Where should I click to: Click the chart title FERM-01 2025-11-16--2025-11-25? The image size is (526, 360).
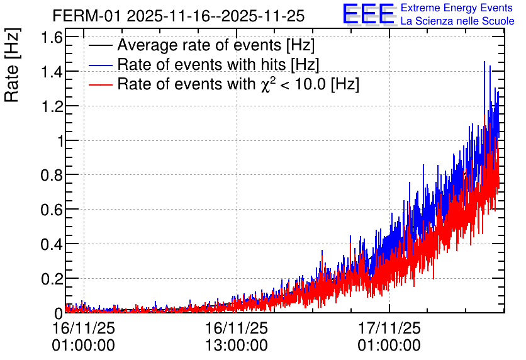click(179, 16)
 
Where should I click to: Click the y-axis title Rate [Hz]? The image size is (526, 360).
click(13, 65)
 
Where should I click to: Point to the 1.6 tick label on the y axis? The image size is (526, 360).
click(52, 37)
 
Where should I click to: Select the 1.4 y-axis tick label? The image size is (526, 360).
click(52, 72)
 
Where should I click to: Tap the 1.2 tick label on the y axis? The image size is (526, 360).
click(52, 106)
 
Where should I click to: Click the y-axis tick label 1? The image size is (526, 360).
click(60, 141)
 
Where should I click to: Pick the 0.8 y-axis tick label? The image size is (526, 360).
click(52, 176)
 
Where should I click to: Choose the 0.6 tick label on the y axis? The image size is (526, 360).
click(52, 210)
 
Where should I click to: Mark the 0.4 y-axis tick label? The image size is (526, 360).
click(52, 245)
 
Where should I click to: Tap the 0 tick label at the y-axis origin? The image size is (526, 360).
click(59, 313)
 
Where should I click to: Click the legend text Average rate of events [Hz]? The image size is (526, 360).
click(216, 45)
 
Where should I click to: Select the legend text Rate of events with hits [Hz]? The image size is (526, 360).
click(218, 64)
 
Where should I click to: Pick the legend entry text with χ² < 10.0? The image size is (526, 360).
click(238, 84)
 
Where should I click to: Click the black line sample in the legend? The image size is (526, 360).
click(101, 45)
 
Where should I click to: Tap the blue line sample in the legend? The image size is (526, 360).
click(101, 65)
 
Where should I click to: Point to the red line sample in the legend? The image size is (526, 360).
click(101, 84)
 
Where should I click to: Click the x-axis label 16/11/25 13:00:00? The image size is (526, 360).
click(237, 337)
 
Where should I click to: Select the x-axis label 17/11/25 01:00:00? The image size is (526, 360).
click(389, 337)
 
